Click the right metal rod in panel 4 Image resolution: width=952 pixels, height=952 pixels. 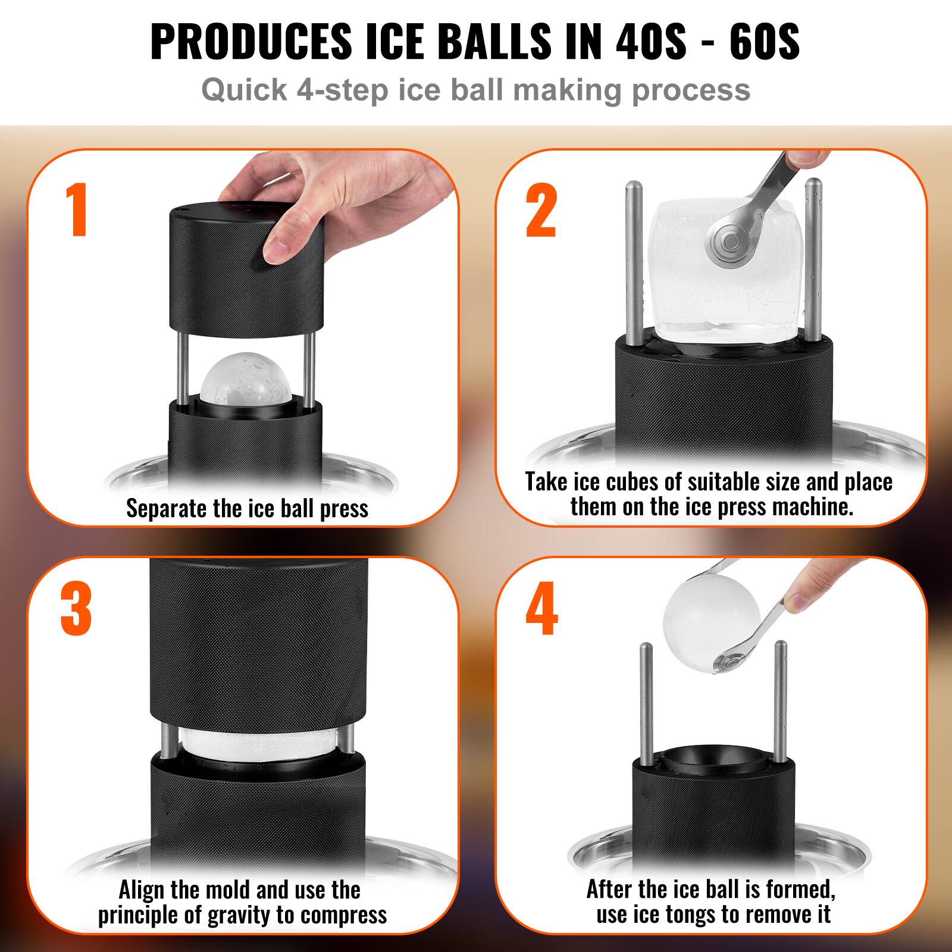click(781, 702)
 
